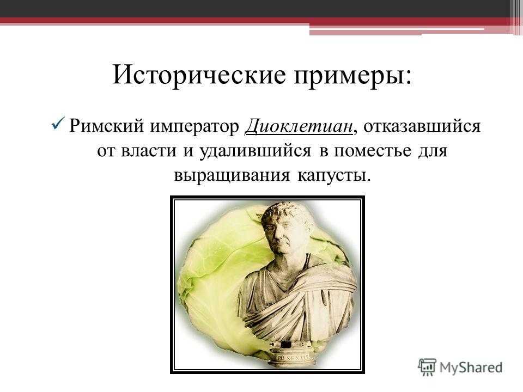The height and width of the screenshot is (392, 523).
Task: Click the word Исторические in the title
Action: click(x=199, y=74)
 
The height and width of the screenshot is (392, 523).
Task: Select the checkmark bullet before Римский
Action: click(x=58, y=125)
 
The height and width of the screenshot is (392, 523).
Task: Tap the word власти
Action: click(x=148, y=151)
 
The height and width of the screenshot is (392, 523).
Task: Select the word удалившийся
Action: click(x=255, y=151)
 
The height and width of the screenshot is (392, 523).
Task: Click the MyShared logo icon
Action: click(x=427, y=367)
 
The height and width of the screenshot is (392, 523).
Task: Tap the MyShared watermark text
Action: click(x=471, y=367)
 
